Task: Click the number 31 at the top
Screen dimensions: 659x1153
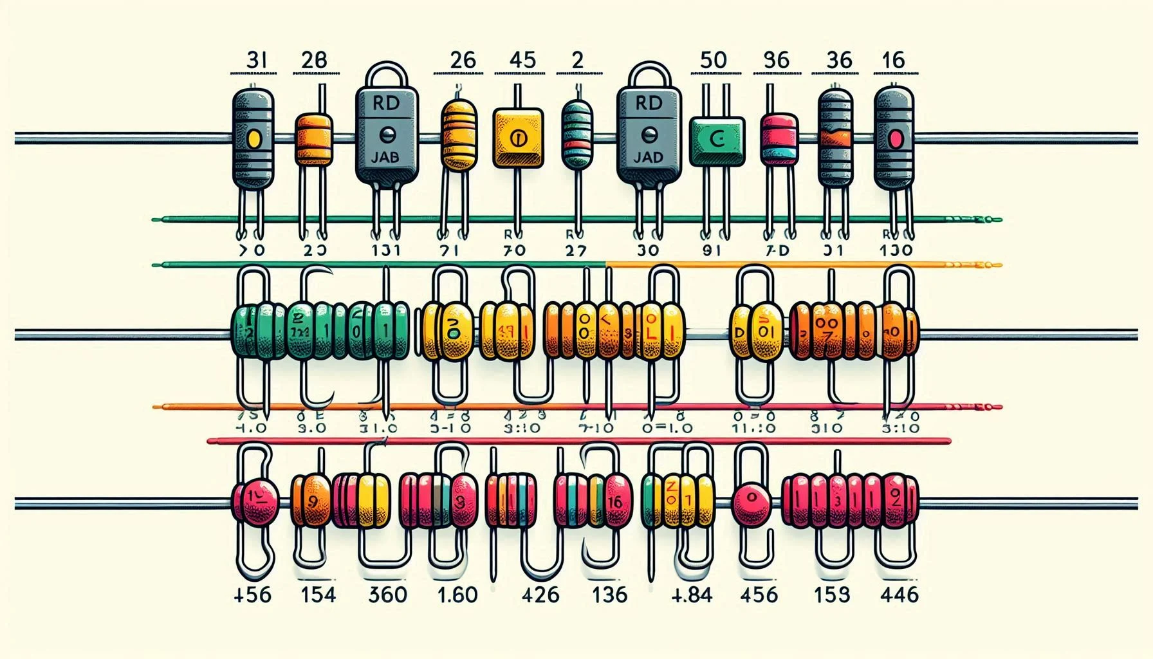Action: coord(256,60)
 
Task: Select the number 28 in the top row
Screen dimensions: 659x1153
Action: coord(314,60)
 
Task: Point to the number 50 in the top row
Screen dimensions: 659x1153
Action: coord(712,60)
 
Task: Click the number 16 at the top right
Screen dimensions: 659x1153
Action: coord(893,60)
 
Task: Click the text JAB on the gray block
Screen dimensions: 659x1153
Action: coord(385,156)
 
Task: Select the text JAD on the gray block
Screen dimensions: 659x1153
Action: coord(648,156)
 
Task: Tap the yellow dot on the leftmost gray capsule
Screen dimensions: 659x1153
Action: coord(254,137)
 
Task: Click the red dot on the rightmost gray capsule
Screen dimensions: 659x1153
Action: coord(895,138)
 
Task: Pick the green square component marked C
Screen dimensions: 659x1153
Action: coord(716,141)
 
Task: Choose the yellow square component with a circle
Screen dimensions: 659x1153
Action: coord(518,138)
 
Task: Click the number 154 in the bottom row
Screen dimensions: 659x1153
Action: coord(318,594)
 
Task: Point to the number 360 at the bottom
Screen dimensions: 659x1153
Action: coord(387,594)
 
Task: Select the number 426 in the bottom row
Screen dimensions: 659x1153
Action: coord(540,594)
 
